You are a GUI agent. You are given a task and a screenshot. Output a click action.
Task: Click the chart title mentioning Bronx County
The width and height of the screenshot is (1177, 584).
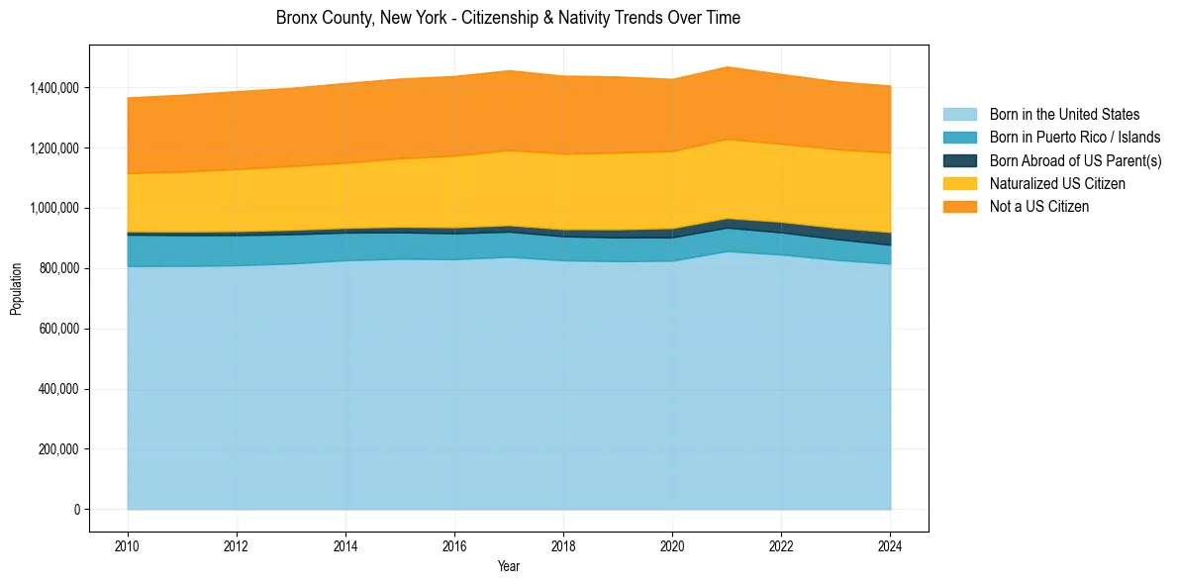pyautogui.click(x=508, y=18)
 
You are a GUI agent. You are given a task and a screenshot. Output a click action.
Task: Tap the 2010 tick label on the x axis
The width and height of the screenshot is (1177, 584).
pyautogui.click(x=128, y=545)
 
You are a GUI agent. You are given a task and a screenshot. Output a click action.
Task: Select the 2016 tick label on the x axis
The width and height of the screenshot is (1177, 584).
pyautogui.click(x=454, y=545)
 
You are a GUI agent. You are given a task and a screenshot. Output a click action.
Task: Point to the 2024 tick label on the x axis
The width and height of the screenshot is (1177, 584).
pyautogui.click(x=891, y=545)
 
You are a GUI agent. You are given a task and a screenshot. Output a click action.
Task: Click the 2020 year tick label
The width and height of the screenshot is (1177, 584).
pyautogui.click(x=672, y=545)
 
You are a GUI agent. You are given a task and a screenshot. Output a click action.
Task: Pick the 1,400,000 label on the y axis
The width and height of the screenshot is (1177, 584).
pyautogui.click(x=55, y=88)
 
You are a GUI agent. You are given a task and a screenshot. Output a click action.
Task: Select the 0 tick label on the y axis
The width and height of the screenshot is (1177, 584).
pyautogui.click(x=76, y=510)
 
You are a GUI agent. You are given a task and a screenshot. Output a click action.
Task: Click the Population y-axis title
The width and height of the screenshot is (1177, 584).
pyautogui.click(x=16, y=289)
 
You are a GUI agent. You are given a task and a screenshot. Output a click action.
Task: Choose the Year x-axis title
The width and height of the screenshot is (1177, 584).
pyautogui.click(x=509, y=567)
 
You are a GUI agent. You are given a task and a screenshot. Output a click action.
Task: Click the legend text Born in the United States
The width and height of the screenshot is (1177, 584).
pyautogui.click(x=1064, y=115)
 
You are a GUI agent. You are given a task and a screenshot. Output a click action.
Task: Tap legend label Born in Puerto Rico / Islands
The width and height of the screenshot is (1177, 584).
pyautogui.click(x=1075, y=138)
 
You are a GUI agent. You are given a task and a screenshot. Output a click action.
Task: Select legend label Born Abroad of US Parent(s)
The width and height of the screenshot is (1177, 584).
pyautogui.click(x=1075, y=160)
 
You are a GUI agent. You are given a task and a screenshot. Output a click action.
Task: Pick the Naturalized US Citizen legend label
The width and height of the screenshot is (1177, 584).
pyautogui.click(x=1057, y=184)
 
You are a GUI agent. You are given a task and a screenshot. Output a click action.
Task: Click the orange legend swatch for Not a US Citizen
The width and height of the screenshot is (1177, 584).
pyautogui.click(x=959, y=207)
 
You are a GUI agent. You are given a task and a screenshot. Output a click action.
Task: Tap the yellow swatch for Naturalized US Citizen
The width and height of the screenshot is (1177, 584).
pyautogui.click(x=959, y=184)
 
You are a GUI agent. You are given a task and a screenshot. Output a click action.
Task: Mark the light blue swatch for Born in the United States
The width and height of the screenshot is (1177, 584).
pyautogui.click(x=959, y=115)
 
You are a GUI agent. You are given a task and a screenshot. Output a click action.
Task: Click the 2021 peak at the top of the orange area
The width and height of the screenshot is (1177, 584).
pyautogui.click(x=728, y=67)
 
